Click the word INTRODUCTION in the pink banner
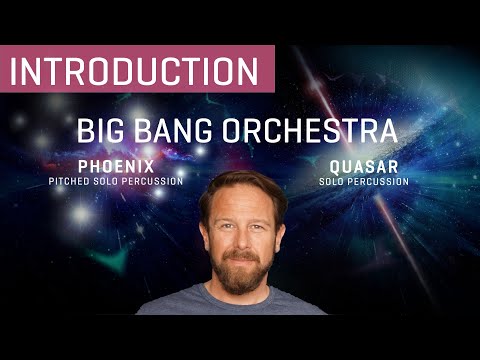135,71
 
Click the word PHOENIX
116,166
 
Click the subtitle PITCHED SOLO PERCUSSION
116,181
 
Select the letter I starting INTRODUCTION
17,71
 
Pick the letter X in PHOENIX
150,166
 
